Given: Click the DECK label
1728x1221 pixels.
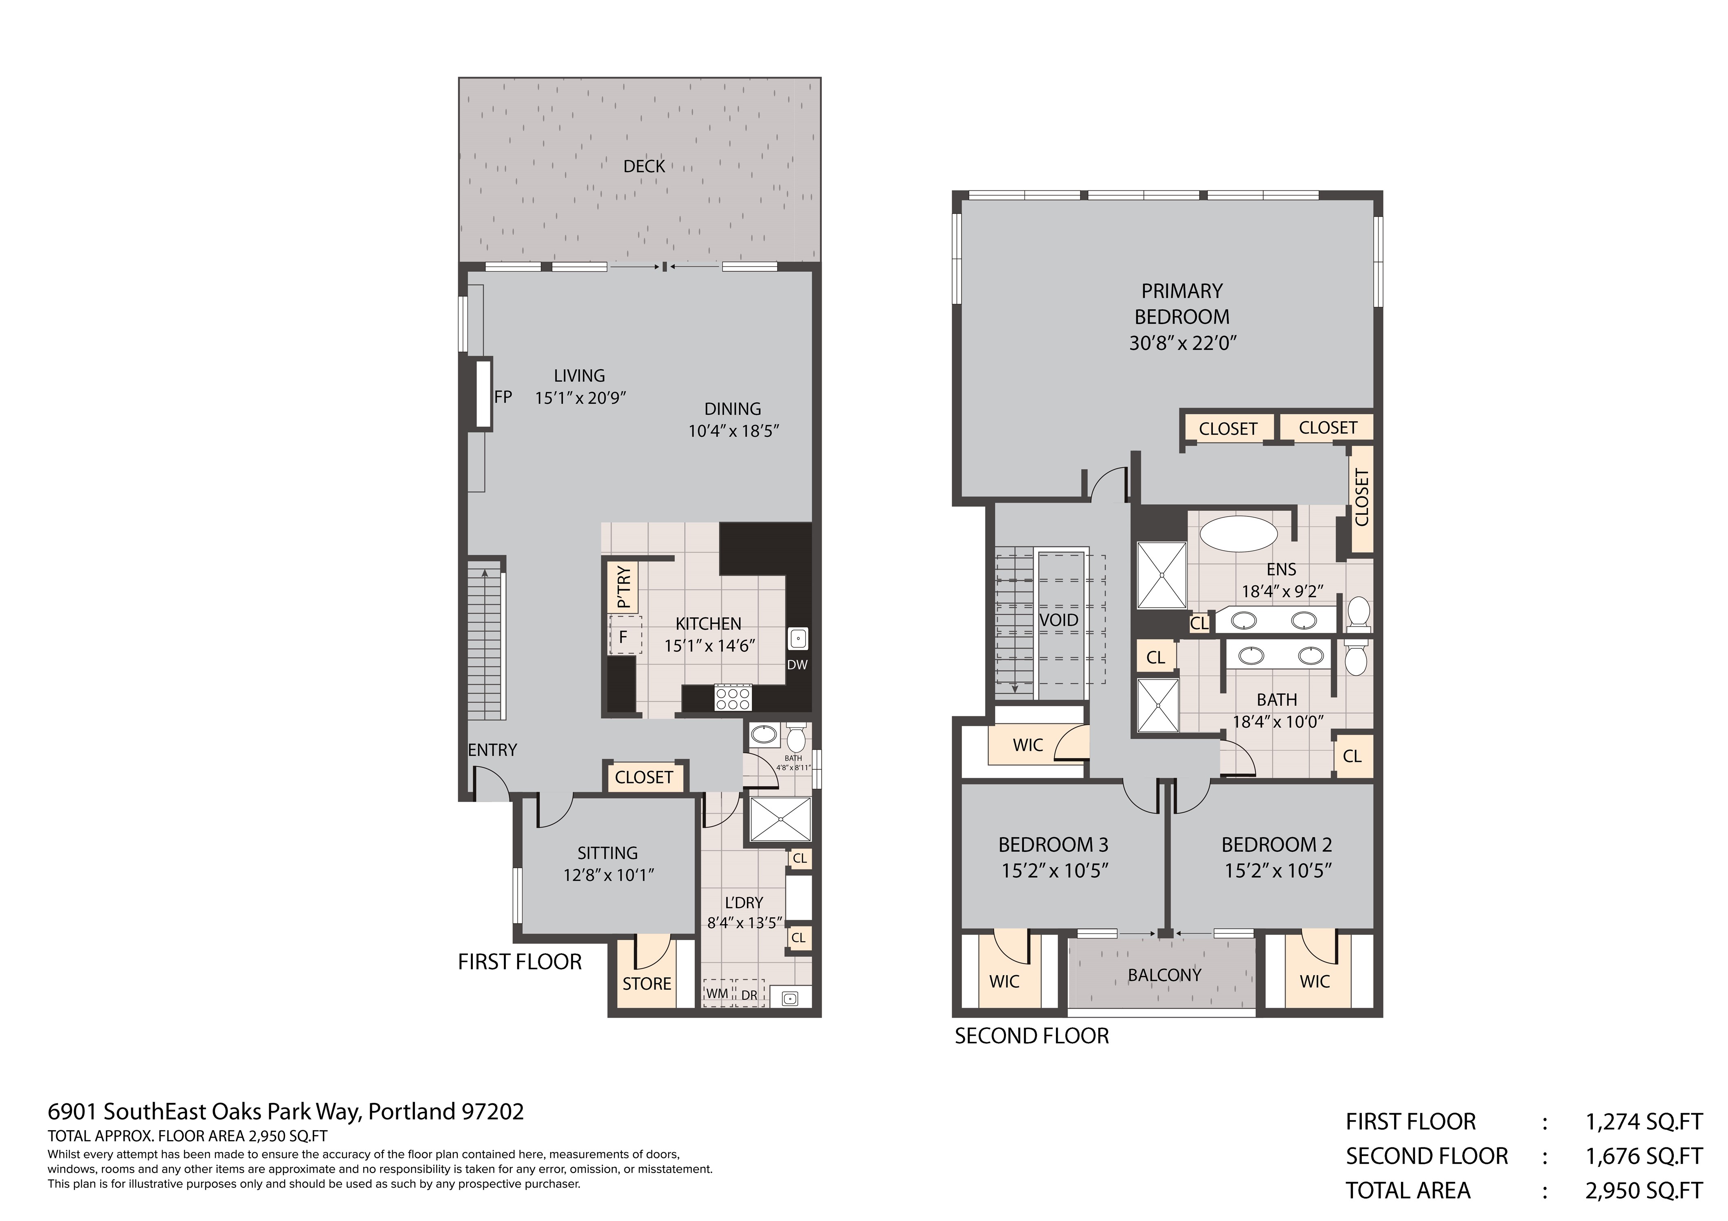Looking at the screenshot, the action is pos(644,166).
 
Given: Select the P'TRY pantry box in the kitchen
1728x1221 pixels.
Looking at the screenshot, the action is pos(623,587).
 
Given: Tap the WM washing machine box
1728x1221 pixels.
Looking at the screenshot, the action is pos(717,993).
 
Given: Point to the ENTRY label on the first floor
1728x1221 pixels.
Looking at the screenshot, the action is pos(492,750).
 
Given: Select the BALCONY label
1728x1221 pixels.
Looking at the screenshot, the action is pos(1164,975).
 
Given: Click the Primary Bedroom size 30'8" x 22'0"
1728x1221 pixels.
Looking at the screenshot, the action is pos(1183,343).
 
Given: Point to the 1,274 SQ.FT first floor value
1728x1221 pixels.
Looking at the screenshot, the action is pos(1644,1122).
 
